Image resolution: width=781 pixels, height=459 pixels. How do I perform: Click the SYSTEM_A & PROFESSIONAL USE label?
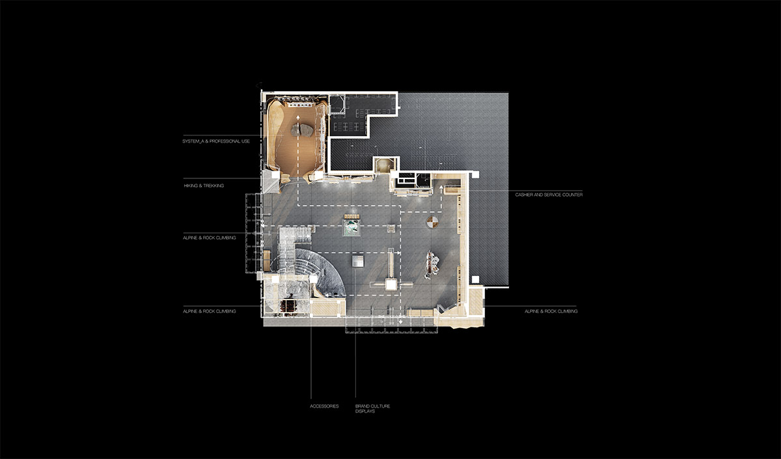pos(216,141)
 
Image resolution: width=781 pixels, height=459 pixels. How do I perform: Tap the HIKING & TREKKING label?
pos(204,186)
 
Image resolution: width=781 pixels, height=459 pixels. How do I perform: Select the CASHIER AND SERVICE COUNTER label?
pos(549,195)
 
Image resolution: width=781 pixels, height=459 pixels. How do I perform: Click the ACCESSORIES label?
pos(324,406)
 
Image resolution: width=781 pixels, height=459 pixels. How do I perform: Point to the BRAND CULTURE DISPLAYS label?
pos(373,408)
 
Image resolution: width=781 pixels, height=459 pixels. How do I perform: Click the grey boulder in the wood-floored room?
pos(302,130)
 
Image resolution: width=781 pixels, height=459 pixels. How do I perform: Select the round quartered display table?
pos(432,222)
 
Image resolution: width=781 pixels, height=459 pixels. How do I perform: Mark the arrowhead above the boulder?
pos(298,117)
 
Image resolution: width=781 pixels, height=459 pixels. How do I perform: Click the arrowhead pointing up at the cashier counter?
pos(441,188)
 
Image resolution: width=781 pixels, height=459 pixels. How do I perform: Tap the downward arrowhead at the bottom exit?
pos(401,322)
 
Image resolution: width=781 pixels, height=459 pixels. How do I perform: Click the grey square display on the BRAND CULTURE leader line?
pos(357,261)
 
